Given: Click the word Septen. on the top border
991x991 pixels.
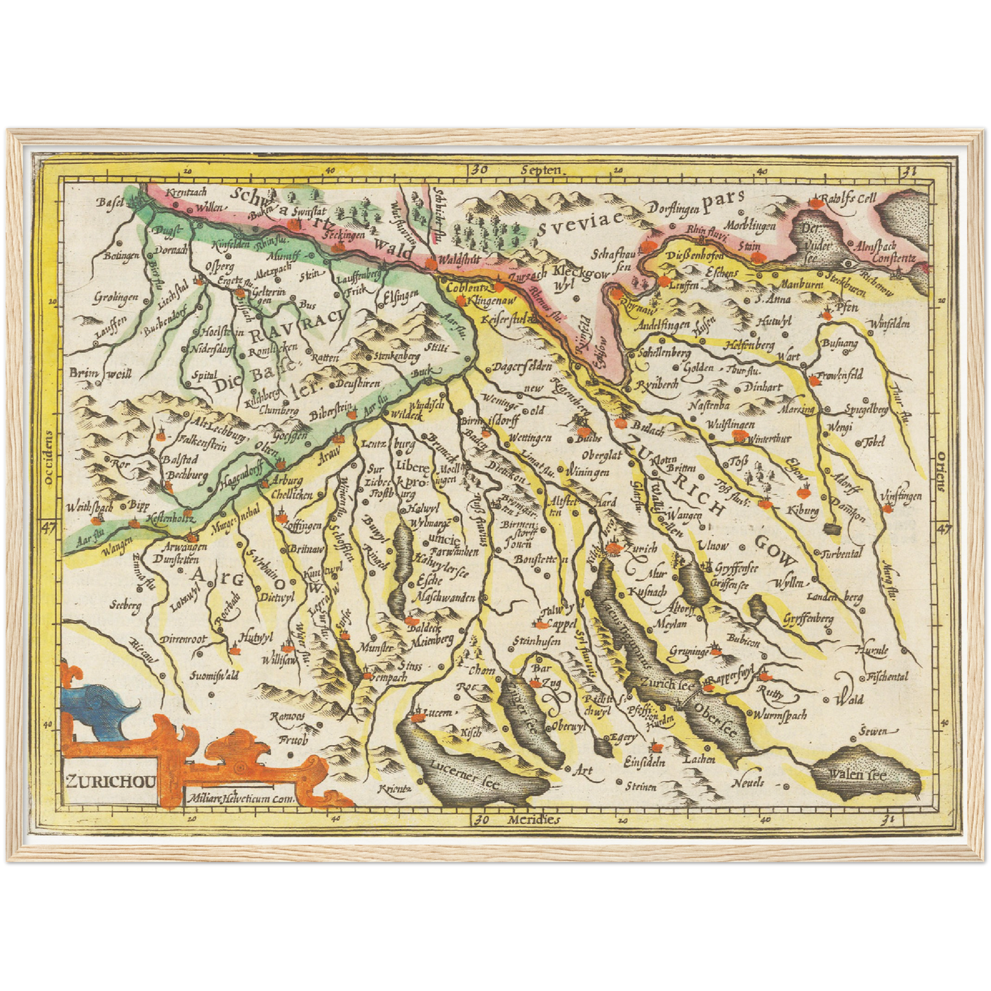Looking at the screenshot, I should (x=541, y=169).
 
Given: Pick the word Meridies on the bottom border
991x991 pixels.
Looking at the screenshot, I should (x=534, y=820).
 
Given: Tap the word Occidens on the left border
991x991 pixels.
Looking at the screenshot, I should (x=48, y=458).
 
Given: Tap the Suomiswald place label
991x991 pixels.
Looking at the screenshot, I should (x=214, y=676).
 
